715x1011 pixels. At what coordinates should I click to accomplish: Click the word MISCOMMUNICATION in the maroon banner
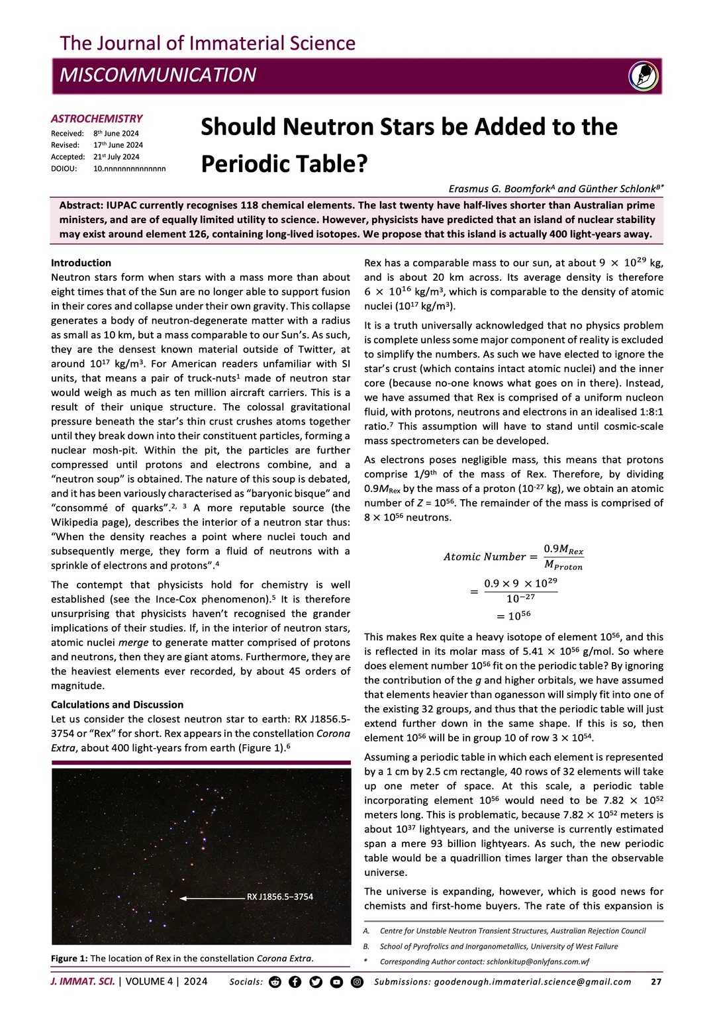pos(158,75)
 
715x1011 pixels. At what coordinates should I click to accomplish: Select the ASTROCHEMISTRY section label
pos(97,119)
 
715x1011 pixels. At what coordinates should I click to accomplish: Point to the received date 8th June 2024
pos(116,133)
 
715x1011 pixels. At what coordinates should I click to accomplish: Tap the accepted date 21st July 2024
pos(116,157)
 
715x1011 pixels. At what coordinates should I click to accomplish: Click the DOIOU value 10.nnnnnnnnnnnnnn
pos(129,169)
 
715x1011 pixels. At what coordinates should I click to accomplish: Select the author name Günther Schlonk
pos(619,189)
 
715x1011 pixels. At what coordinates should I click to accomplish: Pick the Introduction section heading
pos(81,263)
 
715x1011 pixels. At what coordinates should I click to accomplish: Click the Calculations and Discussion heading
pos(117,704)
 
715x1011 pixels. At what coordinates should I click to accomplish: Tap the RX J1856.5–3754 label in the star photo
pos(280,897)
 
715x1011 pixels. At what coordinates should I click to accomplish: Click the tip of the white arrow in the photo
pos(181,898)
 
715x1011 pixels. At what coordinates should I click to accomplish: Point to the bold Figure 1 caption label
pos(69,958)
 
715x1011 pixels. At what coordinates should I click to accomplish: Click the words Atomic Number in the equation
pos(485,557)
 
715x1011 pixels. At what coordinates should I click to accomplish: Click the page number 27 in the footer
pos(656,982)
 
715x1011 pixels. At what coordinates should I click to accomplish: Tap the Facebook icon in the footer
pos(295,982)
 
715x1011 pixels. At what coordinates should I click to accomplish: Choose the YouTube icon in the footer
pos(336,982)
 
